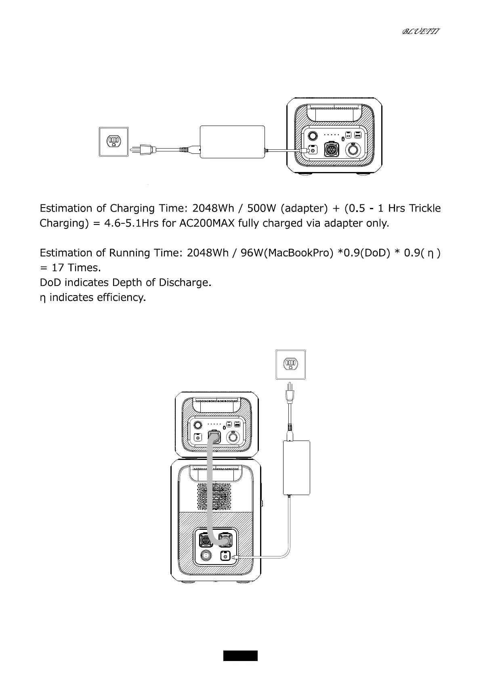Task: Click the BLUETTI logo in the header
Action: click(x=420, y=31)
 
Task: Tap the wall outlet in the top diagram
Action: click(x=114, y=142)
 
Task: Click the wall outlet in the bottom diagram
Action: click(x=290, y=364)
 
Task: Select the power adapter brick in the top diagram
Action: click(x=232, y=142)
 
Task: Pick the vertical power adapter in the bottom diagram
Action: click(x=297, y=467)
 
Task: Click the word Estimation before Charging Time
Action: click(x=66, y=208)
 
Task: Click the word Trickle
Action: click(x=424, y=208)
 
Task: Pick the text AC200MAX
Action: click(x=206, y=223)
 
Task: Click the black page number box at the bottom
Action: click(x=240, y=656)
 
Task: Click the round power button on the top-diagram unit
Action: click(x=312, y=136)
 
